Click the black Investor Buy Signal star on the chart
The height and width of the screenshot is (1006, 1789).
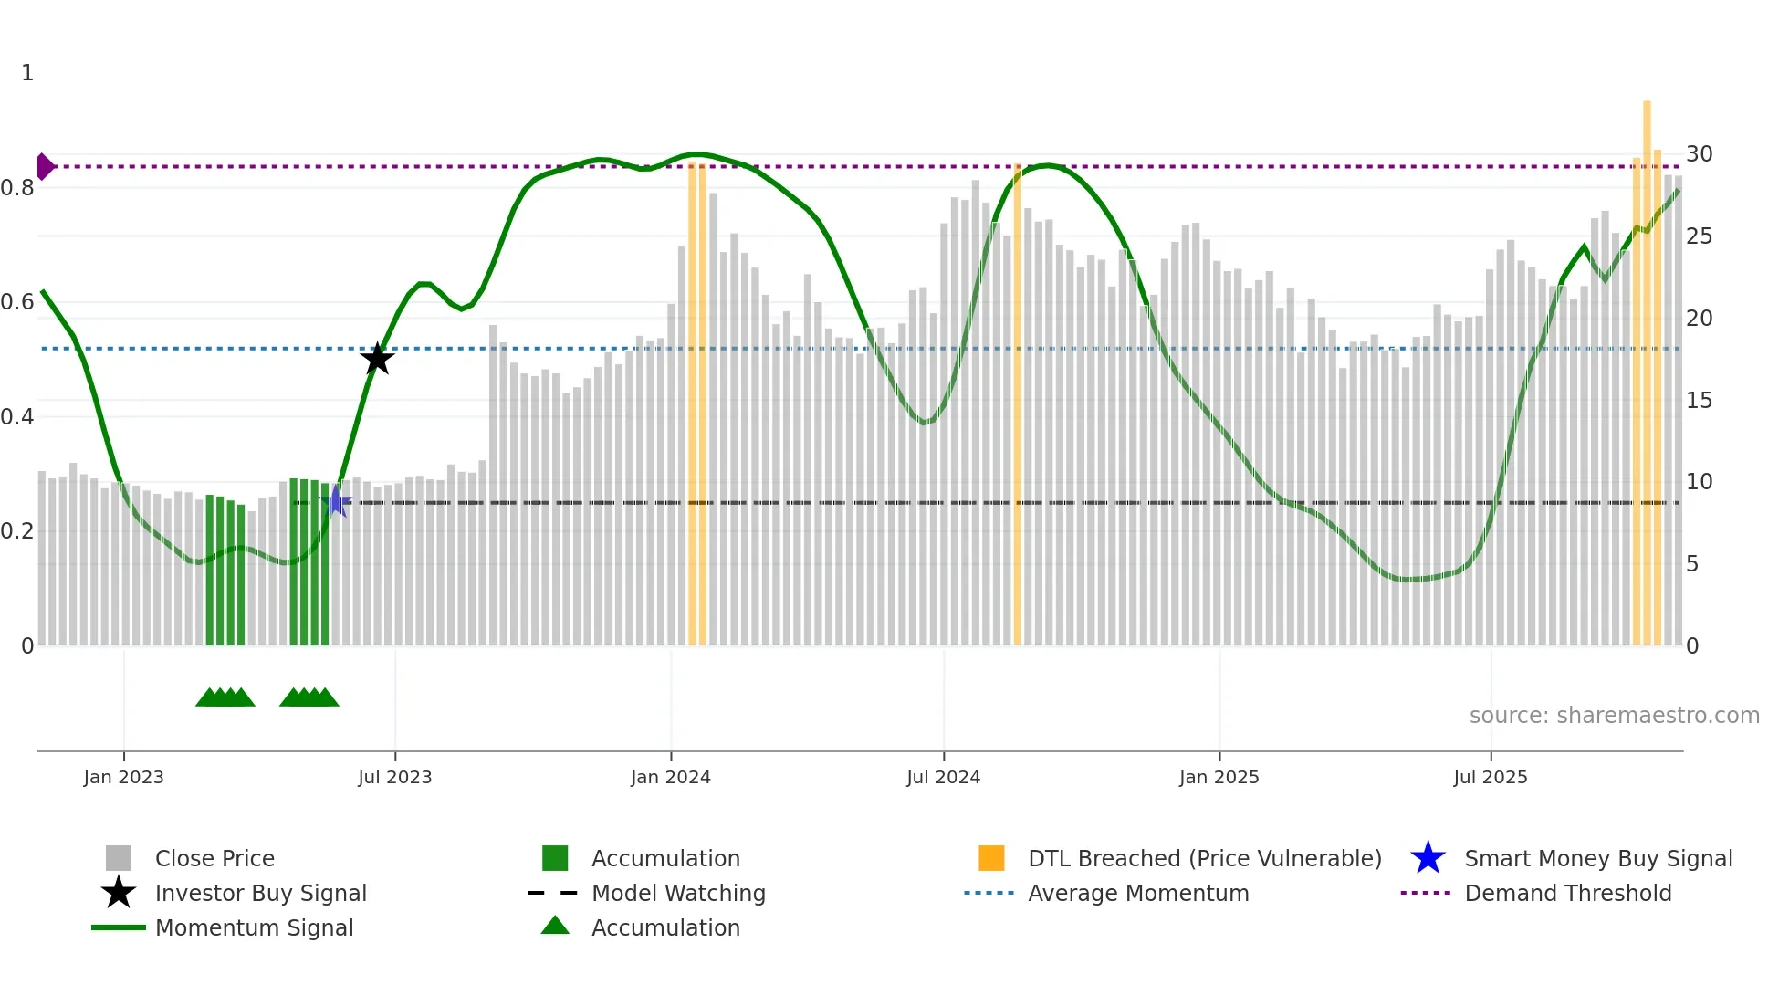[x=377, y=359]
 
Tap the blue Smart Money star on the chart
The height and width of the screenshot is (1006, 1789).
[x=336, y=501]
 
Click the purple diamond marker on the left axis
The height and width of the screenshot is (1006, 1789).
[x=44, y=167]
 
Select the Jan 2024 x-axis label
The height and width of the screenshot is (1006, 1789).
[x=670, y=778]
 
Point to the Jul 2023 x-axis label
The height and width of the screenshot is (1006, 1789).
[x=394, y=778]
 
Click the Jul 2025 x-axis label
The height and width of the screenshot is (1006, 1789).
[x=1490, y=778]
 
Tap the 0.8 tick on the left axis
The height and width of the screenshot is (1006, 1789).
[x=18, y=188]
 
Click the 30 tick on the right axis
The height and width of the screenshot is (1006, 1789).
[x=1699, y=154]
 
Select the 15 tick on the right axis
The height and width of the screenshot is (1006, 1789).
[x=1699, y=401]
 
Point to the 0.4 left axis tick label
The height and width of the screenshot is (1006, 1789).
[x=18, y=417]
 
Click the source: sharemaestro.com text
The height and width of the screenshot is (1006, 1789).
[x=1614, y=716]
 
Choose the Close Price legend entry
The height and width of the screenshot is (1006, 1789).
[x=214, y=859]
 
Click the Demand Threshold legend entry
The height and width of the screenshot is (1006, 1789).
[x=1567, y=894]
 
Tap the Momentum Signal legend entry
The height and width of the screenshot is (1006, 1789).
[x=254, y=928]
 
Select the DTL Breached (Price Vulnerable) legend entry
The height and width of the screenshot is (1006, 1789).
[x=1204, y=859]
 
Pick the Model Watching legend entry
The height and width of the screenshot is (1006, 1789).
[x=678, y=894]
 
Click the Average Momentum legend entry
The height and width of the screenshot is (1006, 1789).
[x=1138, y=894]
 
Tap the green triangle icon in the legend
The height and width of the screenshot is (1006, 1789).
[x=555, y=927]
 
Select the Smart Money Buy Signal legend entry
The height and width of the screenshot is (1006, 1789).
[x=1597, y=859]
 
